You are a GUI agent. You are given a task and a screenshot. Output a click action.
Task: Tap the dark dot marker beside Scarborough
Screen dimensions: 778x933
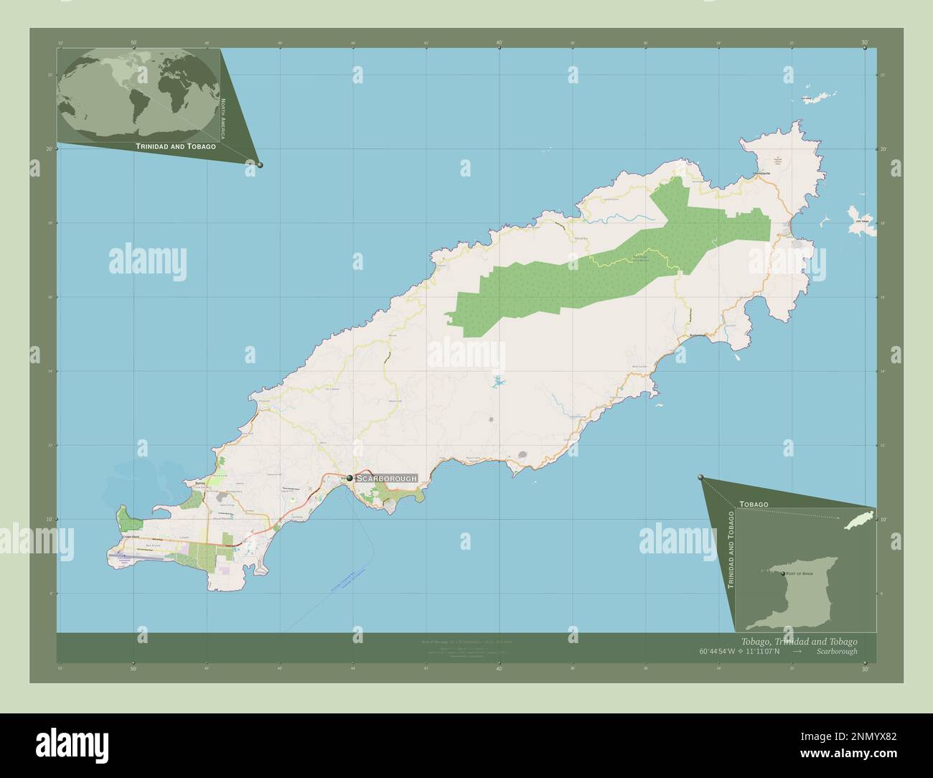pos(350,478)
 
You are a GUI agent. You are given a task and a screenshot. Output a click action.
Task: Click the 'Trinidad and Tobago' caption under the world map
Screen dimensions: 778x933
pos(176,146)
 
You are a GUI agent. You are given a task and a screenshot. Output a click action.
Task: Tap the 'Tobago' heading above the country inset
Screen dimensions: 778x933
pos(754,505)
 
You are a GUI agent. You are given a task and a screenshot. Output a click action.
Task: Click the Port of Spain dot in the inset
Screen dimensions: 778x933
pos(783,574)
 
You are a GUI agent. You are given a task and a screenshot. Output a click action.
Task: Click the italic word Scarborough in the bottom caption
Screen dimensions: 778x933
pos(836,652)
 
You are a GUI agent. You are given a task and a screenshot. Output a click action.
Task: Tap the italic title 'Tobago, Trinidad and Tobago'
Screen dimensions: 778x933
pos(797,641)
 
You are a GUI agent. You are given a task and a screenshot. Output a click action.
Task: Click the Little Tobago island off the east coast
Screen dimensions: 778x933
pos(862,222)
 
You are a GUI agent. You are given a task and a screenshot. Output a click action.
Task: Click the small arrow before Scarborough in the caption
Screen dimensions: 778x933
pos(797,652)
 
